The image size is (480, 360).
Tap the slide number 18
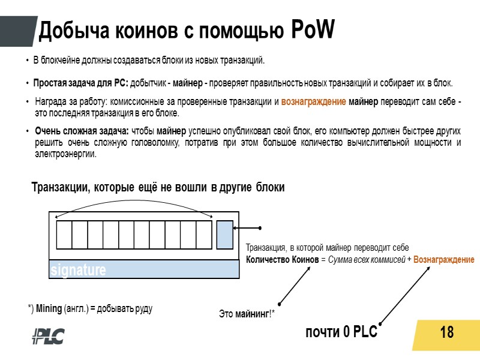click(x=446, y=332)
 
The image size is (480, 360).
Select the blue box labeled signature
click(x=144, y=269)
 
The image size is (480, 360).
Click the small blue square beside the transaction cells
click(x=224, y=235)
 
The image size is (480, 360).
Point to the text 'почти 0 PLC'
click(x=341, y=332)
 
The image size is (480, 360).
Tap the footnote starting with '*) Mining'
click(x=90, y=308)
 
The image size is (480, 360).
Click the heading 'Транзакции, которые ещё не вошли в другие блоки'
click(x=157, y=188)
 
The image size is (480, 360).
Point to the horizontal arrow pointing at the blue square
click(x=247, y=228)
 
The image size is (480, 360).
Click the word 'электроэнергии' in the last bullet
click(x=65, y=154)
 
